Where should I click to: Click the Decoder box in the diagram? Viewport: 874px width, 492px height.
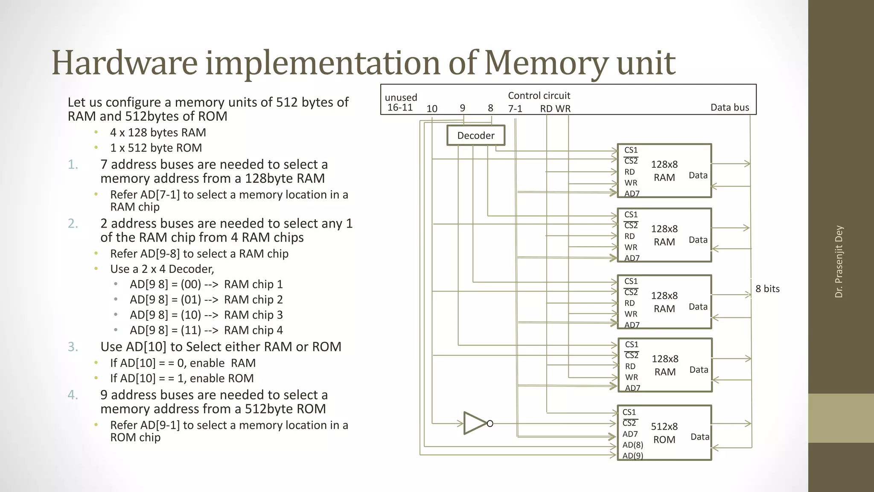click(x=476, y=135)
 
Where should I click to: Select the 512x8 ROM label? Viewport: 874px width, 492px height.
click(x=664, y=433)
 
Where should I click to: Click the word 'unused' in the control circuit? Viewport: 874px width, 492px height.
click(x=401, y=97)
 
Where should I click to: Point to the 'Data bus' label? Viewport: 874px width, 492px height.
click(x=729, y=107)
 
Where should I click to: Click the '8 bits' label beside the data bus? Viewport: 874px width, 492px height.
click(x=767, y=289)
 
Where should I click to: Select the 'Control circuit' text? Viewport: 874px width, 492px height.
click(x=539, y=96)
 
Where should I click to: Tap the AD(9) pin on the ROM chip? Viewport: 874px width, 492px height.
click(x=632, y=455)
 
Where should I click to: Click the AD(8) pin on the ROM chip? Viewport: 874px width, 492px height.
click(x=632, y=445)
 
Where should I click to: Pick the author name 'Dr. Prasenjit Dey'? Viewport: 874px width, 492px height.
click(x=839, y=261)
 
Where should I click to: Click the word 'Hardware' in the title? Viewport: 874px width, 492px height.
click(x=125, y=63)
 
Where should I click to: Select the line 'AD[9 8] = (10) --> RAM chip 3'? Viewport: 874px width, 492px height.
click(x=206, y=315)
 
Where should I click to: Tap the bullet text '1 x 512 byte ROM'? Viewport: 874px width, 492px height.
click(x=156, y=148)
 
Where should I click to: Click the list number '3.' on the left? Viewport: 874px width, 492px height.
click(x=73, y=346)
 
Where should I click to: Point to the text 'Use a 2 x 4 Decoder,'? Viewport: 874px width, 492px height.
click(x=162, y=269)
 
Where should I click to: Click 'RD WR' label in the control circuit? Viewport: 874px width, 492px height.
click(x=555, y=108)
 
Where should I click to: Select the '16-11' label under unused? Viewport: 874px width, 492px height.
click(x=400, y=108)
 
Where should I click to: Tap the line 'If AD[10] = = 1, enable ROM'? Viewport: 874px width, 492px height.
click(x=182, y=378)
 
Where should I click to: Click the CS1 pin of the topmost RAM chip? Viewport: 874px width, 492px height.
click(x=631, y=150)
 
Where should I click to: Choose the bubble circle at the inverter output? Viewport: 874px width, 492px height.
click(x=490, y=424)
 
